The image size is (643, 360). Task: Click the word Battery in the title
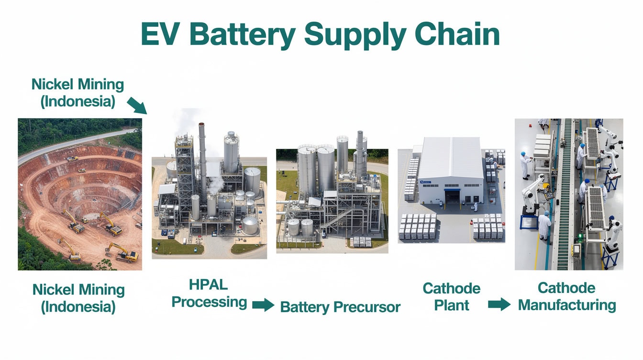(242, 35)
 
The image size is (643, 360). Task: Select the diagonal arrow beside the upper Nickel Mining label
(137, 105)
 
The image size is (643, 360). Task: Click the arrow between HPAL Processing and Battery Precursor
(263, 304)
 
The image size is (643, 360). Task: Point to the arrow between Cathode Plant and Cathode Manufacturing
(499, 304)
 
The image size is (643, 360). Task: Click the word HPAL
(209, 285)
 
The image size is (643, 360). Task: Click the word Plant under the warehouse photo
(451, 305)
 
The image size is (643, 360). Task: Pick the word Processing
(209, 303)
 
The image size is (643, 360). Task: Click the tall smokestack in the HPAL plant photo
(203, 161)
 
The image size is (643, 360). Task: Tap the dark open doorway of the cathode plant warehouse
(452, 197)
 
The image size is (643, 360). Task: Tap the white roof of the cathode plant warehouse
(451, 157)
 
